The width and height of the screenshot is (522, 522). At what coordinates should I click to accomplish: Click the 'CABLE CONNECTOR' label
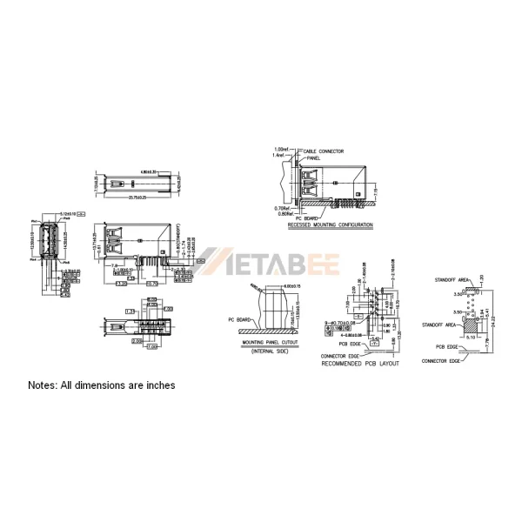[321, 151]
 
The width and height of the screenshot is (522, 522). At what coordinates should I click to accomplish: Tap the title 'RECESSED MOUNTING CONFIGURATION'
[330, 225]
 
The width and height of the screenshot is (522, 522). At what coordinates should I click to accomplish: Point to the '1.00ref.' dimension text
[280, 149]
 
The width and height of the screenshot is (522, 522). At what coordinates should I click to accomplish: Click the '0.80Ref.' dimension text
[280, 213]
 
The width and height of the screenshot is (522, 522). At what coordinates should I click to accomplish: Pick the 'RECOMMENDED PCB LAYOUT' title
[360, 363]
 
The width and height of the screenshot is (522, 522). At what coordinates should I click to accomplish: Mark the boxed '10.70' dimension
[151, 283]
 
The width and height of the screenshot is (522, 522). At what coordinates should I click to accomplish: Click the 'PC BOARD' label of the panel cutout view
[237, 320]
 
